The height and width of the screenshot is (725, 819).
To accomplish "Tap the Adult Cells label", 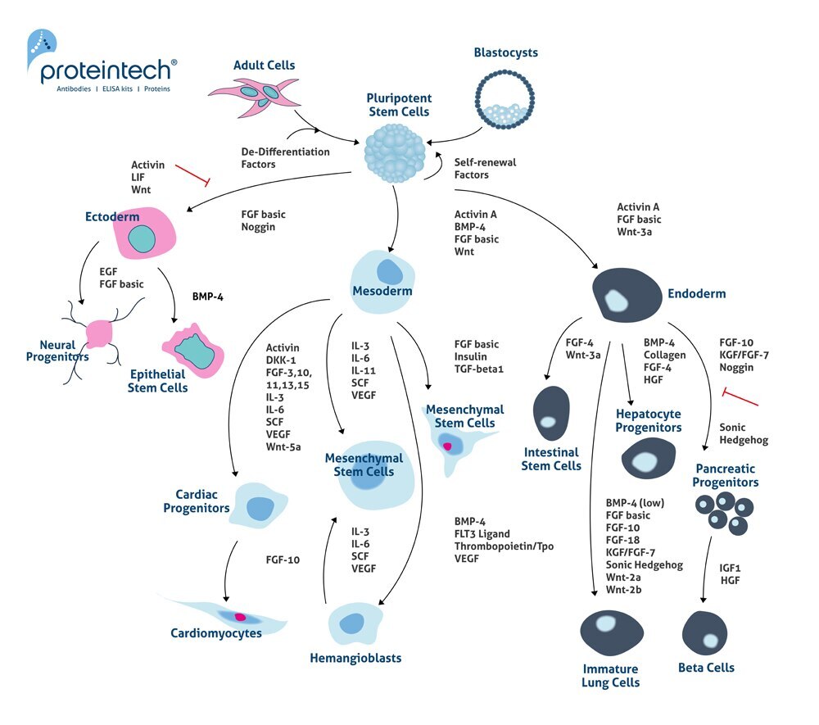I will (x=264, y=66).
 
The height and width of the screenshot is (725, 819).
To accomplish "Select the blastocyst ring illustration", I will (x=505, y=98).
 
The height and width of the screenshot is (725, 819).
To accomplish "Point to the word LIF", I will (x=138, y=178).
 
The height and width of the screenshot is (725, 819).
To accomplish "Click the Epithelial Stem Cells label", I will (x=158, y=381).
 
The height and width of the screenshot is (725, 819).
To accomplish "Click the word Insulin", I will (x=471, y=357).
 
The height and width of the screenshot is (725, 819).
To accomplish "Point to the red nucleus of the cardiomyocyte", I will (x=240, y=616).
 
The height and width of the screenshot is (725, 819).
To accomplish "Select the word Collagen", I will (x=664, y=355).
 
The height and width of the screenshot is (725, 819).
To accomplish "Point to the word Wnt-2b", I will (x=624, y=590).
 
